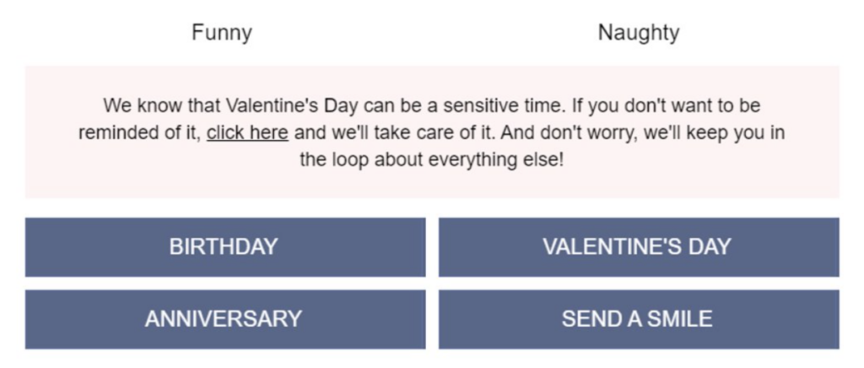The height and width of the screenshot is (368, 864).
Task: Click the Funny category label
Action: pos(222,33)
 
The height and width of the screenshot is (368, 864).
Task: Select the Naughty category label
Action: pos(639,33)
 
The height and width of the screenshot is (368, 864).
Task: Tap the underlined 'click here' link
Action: pos(247,133)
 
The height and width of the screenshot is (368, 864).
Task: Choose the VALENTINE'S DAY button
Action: pos(639,246)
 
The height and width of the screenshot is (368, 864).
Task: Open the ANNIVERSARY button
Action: pos(225,319)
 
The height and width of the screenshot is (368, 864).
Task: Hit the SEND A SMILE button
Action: pos(639,319)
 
